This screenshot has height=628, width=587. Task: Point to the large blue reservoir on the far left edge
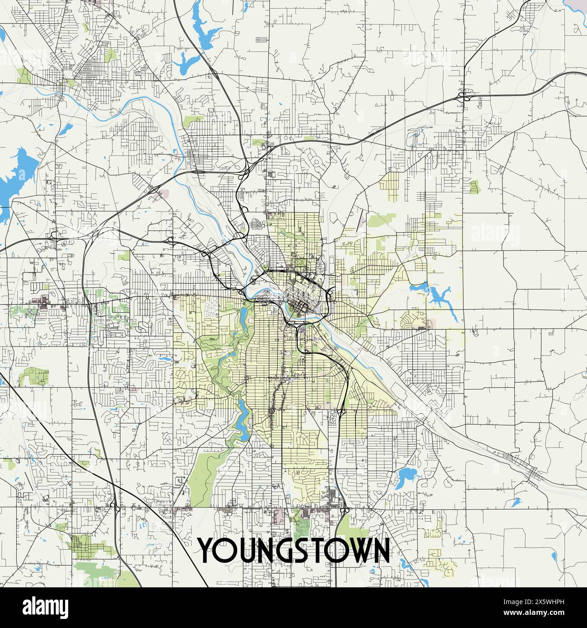(10, 181)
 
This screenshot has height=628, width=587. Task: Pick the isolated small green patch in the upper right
(474, 187)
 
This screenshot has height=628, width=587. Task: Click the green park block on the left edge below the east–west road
(34, 376)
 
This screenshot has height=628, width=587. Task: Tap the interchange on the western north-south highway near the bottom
(116, 507)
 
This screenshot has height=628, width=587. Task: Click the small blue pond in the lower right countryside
(516, 501)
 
